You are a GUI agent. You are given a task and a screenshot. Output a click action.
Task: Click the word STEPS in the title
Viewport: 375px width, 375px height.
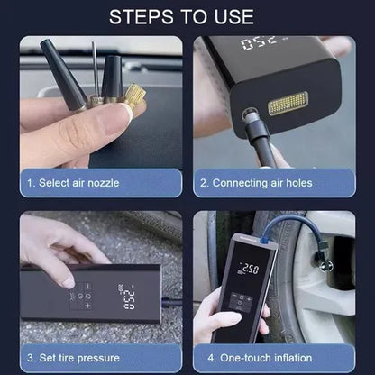click(141, 17)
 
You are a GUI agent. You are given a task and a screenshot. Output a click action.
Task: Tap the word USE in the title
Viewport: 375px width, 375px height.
click(234, 17)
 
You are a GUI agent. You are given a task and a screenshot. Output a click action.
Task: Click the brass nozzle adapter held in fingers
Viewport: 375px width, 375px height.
click(135, 96)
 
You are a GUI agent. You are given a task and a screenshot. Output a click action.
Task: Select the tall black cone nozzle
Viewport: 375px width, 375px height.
click(63, 76)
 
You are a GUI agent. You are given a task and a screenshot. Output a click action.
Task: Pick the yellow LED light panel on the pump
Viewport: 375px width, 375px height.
click(288, 104)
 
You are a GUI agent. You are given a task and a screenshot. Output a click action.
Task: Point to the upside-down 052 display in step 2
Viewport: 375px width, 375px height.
click(259, 43)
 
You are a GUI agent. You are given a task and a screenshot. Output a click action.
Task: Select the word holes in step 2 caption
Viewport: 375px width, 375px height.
click(299, 183)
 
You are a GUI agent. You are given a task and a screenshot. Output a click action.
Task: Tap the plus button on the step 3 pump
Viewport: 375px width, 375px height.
click(87, 306)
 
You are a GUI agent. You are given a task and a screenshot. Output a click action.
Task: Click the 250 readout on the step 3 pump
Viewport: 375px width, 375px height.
click(129, 300)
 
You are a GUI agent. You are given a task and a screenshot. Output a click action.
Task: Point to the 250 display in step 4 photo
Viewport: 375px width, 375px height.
click(249, 269)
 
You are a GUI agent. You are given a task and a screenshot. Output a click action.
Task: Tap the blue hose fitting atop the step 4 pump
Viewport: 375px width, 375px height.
click(265, 239)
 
